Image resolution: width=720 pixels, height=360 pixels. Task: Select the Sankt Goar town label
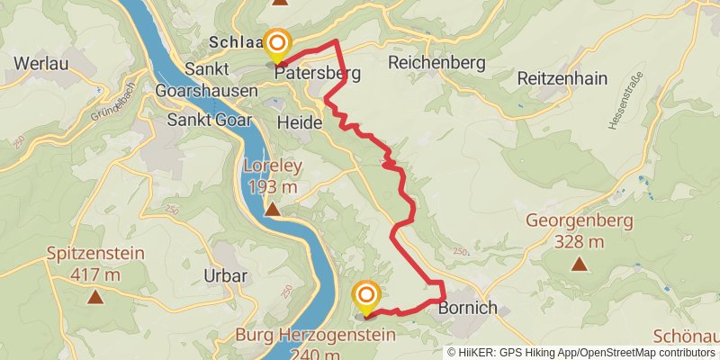tap(209, 120)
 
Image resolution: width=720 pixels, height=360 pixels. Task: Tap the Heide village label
tap(299, 121)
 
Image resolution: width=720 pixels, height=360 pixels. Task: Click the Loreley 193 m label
tap(272, 175)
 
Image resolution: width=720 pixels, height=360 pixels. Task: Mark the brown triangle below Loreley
tap(272, 210)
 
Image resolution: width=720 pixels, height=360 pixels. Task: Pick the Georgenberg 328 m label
tap(579, 230)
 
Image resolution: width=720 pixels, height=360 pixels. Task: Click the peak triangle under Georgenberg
tap(579, 265)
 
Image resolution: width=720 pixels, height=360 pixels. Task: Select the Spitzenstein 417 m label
tap(94, 264)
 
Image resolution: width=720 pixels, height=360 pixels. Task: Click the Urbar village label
tap(225, 276)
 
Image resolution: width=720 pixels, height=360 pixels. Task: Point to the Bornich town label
tap(467, 309)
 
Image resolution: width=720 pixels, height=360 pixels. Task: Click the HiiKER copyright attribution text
tap(580, 352)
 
